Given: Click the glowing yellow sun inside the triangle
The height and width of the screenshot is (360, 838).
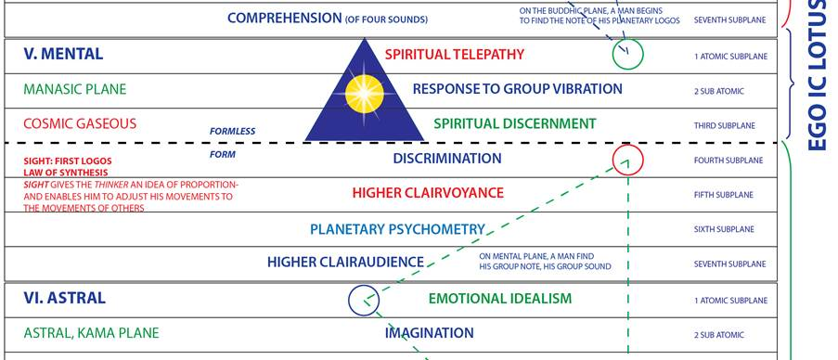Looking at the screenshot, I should pos(364,94).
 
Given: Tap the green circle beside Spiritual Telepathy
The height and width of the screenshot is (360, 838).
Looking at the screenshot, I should pos(627,56).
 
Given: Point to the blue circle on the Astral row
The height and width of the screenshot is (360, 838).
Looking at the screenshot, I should pos(363,300).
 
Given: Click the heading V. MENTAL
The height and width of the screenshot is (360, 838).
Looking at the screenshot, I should pos(63,54).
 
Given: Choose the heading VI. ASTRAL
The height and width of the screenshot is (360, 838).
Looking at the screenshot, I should pos(64,298).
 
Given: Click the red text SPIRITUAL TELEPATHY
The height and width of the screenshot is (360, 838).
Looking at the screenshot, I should pos(454,54).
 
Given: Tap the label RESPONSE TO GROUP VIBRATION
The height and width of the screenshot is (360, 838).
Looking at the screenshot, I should pos(517,89).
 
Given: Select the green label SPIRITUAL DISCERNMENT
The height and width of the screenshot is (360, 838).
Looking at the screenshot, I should pos(514,123).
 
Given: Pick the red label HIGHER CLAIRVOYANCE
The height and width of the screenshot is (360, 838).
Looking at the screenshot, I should pos(428,193).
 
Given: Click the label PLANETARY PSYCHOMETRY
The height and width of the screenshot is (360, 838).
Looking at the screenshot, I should pos(397,228).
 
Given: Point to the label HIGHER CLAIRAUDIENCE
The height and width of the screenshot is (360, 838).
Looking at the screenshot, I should pos(345,263).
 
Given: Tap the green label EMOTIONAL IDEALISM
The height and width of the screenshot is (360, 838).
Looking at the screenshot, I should pos(499,299).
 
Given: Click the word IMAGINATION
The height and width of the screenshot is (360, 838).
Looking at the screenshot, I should pos(429,332).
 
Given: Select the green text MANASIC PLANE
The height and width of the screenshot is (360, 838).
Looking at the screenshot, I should pos(75,89).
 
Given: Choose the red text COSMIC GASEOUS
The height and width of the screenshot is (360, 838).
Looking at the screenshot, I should pos(80,123).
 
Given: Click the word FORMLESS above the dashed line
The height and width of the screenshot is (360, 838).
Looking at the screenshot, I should pos(232,131).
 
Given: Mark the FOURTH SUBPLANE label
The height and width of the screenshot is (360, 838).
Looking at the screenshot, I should pos(730,161).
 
